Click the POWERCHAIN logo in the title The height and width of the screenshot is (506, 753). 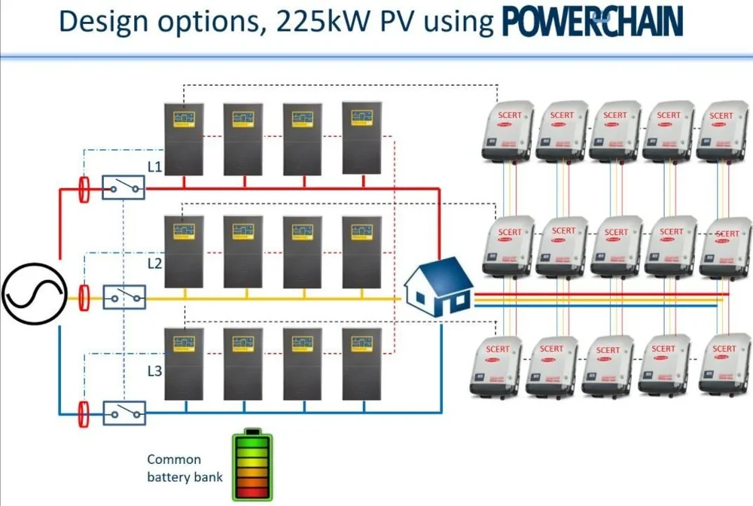pos(592,22)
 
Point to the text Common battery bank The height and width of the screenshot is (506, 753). pos(174,468)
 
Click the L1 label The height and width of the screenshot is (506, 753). pos(154,166)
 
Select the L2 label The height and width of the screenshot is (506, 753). pos(154,264)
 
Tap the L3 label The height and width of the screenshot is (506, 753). pos(154,370)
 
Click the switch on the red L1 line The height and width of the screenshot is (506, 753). pos(123,187)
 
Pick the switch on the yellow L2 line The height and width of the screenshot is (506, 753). pos(123,297)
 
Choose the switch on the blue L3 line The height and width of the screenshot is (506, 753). pos(123,413)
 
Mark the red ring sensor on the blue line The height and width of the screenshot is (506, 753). pos(84,413)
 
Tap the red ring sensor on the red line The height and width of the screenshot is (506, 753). pos(84,189)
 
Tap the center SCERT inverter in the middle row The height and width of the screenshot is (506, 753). pos(617,247)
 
